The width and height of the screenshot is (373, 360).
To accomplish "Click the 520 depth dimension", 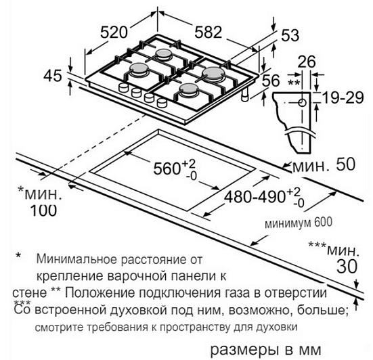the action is [114, 32].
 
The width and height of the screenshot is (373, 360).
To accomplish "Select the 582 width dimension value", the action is [209, 32].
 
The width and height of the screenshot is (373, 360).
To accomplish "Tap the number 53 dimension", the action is [290, 35].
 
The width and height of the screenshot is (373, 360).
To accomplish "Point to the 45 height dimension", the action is [52, 76].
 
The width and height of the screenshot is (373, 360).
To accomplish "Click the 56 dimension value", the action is [271, 81].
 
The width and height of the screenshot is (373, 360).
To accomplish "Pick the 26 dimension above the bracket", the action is [307, 62].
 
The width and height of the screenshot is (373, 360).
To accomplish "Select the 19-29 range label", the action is [343, 97].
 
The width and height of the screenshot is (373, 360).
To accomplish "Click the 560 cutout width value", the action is [166, 168].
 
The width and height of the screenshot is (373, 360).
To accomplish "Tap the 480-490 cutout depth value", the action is [255, 196].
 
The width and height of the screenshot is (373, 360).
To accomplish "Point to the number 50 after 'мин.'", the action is [345, 164].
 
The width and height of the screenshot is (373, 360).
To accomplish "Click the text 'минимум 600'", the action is [299, 223].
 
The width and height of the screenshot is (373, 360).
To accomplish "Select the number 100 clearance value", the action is [43, 210].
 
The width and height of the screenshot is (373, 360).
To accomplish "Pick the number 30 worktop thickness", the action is [347, 266].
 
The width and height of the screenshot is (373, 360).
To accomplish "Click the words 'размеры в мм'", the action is [266, 350].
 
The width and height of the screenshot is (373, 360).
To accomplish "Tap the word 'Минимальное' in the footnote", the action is [77, 259].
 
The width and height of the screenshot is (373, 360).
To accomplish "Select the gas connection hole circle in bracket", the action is [303, 103].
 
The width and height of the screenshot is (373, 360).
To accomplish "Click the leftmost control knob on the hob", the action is [123, 87].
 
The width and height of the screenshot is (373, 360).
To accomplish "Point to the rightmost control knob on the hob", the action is [162, 102].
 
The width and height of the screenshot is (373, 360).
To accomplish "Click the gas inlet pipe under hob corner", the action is [245, 95].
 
